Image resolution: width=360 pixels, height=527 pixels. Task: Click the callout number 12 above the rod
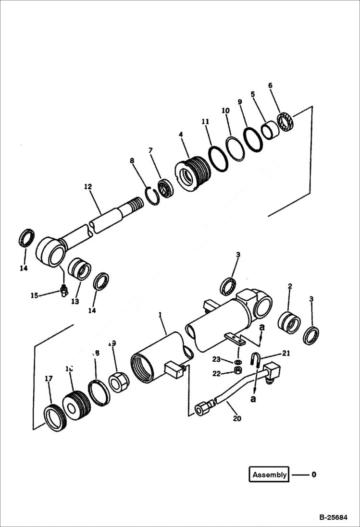coord(87,186)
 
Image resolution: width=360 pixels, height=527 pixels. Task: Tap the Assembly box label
coord(269,475)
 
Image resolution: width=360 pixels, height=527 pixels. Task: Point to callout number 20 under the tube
coord(236,418)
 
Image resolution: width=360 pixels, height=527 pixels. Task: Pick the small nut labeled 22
coord(237,371)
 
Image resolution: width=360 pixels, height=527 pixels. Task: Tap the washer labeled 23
coord(238,361)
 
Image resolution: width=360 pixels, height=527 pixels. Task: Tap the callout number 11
coord(205,122)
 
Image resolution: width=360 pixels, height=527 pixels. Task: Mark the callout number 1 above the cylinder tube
coord(161,314)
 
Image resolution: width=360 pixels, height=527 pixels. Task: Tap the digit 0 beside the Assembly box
coord(314,475)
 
